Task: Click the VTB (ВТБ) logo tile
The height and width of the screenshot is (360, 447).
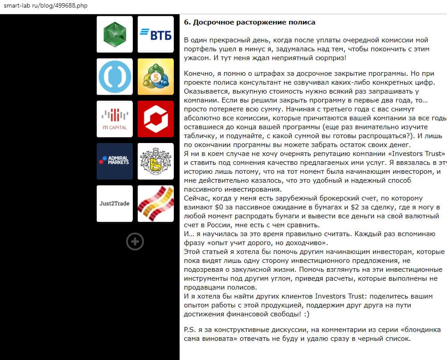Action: click(x=156, y=34)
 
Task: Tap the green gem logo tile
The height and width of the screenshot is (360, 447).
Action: click(x=115, y=34)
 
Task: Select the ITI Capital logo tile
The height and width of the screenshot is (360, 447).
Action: click(x=115, y=119)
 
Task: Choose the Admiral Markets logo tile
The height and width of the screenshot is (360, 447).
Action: click(x=115, y=161)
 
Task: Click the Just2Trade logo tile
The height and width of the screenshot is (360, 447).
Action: click(x=115, y=204)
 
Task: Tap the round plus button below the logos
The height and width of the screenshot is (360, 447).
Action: click(x=135, y=241)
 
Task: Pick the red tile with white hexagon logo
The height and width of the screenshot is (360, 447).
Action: click(x=156, y=119)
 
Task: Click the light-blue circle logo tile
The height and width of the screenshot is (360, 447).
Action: click(x=115, y=77)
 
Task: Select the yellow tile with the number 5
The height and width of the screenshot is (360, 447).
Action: click(x=156, y=77)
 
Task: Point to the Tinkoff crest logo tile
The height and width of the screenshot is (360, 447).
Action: click(x=156, y=161)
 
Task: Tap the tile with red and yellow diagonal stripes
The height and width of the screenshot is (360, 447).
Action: click(x=156, y=204)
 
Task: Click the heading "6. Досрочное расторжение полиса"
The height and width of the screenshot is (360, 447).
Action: click(x=250, y=22)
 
